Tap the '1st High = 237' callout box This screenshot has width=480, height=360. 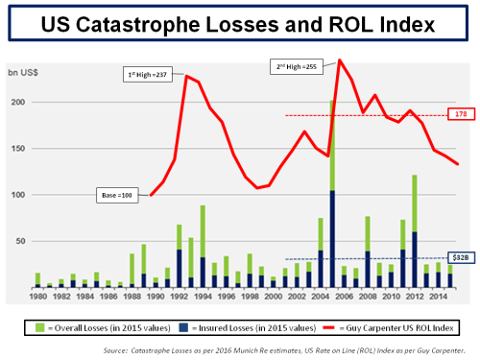(x=147, y=75)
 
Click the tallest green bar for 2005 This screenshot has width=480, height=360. (x=332, y=144)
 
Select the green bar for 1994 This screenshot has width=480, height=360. (x=203, y=230)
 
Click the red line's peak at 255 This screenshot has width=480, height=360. (x=340, y=60)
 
